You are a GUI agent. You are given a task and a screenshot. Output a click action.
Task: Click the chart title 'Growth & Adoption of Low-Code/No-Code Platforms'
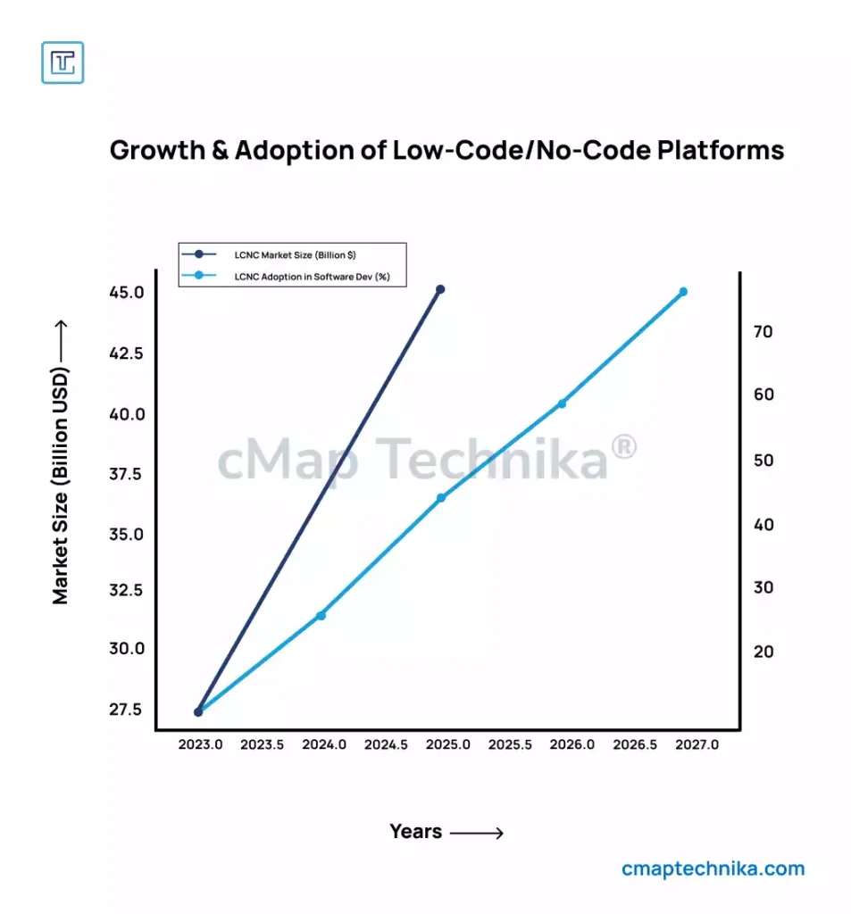pos(446,149)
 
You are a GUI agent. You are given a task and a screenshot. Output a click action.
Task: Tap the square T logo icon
pos(63,63)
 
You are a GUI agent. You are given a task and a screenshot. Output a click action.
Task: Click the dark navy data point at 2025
pos(439,289)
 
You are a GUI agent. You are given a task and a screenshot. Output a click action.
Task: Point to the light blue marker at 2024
pos(321,615)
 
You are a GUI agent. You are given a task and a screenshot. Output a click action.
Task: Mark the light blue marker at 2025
pos(440,498)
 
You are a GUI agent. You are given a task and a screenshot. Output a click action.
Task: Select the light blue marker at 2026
pos(562,403)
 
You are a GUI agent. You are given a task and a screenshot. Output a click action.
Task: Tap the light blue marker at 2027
pos(683,292)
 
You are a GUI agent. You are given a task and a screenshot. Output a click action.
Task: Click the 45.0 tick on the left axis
pos(127,293)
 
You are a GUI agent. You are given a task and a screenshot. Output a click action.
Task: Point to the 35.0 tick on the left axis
pos(127,535)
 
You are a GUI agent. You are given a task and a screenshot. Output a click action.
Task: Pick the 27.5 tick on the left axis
pos(127,710)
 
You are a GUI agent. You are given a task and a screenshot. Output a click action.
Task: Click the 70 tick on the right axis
pos(763,331)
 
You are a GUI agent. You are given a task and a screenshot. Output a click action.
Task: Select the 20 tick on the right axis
pos(763,652)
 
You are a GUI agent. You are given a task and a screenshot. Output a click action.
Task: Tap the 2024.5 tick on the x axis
pos(386,744)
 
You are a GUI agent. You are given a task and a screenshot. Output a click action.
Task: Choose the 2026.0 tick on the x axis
pos(572,744)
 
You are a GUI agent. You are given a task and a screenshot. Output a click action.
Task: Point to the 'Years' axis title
pos(416,832)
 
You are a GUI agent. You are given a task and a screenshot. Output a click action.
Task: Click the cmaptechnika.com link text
pos(713,868)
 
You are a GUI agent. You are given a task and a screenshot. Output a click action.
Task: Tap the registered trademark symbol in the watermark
pos(624,447)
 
